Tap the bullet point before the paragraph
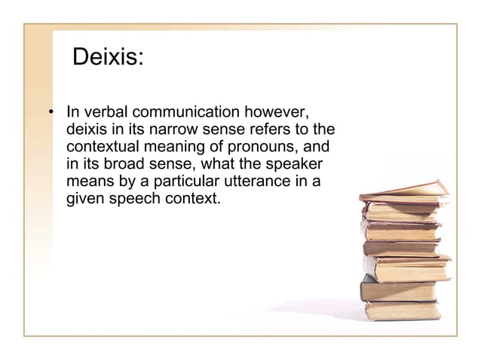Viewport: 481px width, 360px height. (51, 114)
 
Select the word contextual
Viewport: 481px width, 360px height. (106, 146)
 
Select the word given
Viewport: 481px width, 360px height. (87, 198)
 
